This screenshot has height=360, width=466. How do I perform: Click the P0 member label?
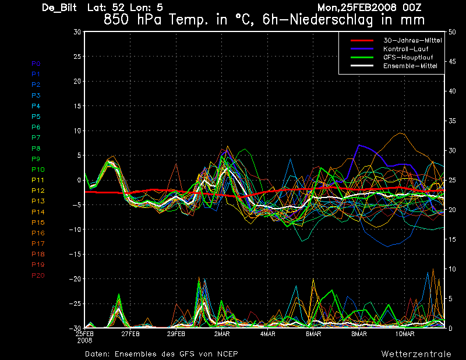point(36,63)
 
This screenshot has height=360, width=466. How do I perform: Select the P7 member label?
point(36,137)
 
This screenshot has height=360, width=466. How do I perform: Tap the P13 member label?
point(38,201)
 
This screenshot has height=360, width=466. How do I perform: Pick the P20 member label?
point(38,276)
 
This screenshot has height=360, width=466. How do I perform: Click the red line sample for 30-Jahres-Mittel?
point(362,40)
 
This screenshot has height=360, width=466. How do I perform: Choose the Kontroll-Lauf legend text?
point(405,49)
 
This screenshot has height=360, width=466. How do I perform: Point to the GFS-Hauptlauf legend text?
point(408,57)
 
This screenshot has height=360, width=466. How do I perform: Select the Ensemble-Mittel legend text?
point(410,66)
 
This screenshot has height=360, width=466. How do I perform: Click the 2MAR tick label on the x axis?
point(222,334)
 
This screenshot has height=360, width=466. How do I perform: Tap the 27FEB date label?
point(130,334)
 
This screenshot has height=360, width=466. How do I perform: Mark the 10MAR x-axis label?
point(405,334)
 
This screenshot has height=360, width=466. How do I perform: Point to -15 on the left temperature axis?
point(75,254)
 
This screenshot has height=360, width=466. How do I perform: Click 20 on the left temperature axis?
point(77,81)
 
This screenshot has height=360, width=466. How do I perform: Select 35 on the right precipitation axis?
point(452,121)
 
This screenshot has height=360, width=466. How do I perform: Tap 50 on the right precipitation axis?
point(452,32)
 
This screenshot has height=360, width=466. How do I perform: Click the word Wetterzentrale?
point(416,354)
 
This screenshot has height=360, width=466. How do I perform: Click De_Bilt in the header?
point(59,8)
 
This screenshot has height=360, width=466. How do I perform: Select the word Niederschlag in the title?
point(331,20)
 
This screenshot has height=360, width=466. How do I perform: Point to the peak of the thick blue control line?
point(359,145)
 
